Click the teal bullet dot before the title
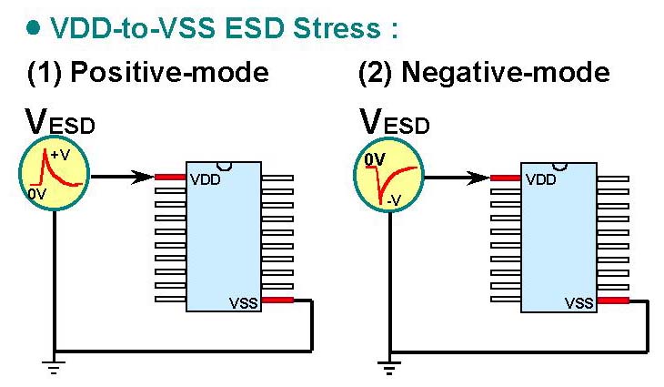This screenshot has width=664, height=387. click(33, 28)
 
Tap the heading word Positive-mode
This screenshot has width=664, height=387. click(169, 72)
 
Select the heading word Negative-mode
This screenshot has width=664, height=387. click(505, 72)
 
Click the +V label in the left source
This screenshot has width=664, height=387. click(60, 155)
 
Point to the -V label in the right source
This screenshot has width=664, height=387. click(394, 200)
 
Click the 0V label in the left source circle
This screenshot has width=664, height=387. click(37, 194)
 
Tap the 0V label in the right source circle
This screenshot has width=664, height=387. click(375, 159)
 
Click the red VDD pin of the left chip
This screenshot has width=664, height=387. click(170, 178)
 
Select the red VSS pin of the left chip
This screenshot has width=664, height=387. click(277, 300)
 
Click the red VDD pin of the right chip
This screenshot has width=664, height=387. click(505, 178)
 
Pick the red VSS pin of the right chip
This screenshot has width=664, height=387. click(613, 301)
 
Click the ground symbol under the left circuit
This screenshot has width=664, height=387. click(54, 367)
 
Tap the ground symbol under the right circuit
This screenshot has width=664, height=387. click(389, 367)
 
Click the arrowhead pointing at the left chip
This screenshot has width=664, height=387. click(142, 178)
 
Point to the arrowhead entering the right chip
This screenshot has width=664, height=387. click(478, 178)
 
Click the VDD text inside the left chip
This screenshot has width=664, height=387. click(206, 179)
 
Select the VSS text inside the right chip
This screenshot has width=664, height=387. click(578, 303)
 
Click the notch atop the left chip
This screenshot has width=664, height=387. click(224, 166)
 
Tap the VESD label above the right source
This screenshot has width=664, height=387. click(395, 123)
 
